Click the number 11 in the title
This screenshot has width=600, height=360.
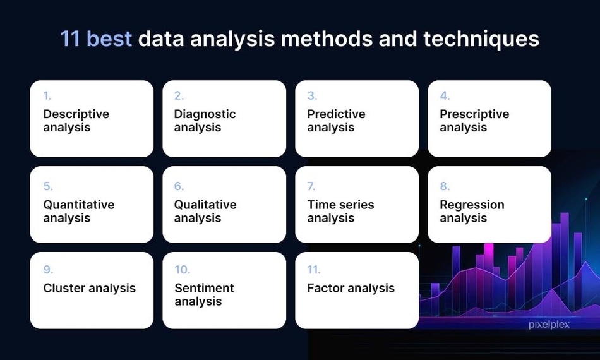point(70,39)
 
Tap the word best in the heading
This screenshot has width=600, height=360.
point(109,39)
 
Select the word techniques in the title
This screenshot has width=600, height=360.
point(481,39)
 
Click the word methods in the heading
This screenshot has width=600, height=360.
point(327,39)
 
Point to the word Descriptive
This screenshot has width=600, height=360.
point(76,114)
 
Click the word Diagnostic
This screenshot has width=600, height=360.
point(205,114)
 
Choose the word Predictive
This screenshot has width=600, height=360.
point(336,114)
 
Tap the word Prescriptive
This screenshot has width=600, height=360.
point(474,114)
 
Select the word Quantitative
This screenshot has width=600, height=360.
point(79,205)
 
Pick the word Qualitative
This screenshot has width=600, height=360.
point(205,205)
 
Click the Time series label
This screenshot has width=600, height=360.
point(340,205)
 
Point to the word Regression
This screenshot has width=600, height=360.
point(472,205)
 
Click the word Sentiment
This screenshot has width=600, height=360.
point(205,288)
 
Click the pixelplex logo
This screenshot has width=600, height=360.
point(549,325)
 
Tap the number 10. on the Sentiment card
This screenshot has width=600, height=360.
point(182,270)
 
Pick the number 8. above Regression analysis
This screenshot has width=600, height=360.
point(445,186)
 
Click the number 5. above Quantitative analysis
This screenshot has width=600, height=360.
point(48,186)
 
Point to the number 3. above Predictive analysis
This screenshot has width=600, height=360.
point(312,95)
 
